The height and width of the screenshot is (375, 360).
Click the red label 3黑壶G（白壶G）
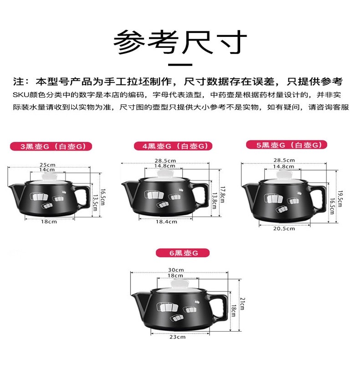click(51, 146)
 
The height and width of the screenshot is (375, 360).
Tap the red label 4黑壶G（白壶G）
click(173, 146)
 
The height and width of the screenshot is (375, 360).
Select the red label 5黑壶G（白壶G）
click(287, 145)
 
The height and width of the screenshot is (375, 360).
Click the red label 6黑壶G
click(183, 253)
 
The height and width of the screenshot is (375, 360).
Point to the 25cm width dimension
click(47, 165)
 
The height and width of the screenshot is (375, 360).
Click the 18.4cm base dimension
click(166, 222)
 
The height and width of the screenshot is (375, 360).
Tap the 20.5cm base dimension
click(284, 229)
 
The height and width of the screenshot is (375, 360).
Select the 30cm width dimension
click(176, 270)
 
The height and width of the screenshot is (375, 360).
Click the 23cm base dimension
click(177, 337)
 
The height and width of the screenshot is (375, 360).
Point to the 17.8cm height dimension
click(222, 194)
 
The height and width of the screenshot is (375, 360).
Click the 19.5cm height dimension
click(339, 199)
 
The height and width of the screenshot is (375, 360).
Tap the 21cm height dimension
click(242, 304)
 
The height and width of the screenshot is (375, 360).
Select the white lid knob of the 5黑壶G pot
click(284, 175)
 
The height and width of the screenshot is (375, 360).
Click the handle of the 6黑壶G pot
click(220, 307)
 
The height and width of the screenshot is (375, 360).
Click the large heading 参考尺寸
click(180, 42)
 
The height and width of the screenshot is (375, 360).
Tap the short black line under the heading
click(180, 65)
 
